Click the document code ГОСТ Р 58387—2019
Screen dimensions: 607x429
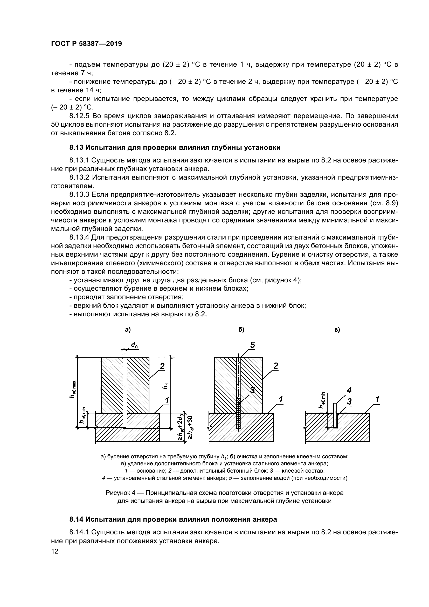86,44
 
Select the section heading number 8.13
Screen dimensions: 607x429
76,147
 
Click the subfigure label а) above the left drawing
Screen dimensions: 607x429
128,330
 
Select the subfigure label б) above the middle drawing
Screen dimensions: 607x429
241,330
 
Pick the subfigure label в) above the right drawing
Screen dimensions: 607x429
337,330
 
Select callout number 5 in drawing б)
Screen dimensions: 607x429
252,345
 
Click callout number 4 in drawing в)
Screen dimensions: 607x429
349,390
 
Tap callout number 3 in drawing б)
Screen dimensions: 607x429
252,390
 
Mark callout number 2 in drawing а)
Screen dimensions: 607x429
162,366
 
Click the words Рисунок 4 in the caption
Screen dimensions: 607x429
120,493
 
